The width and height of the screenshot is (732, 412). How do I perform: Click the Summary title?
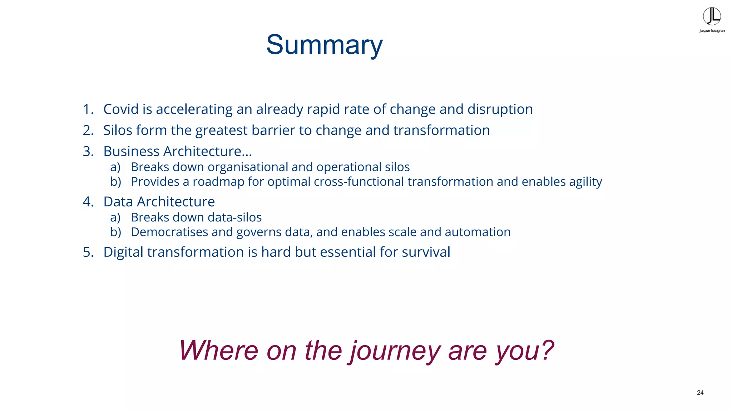point(324,45)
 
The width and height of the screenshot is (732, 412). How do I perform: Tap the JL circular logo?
point(712,16)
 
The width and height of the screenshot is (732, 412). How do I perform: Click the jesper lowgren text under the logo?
point(712,31)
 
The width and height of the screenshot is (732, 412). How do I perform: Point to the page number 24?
point(700,393)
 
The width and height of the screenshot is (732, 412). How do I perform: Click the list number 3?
point(87,151)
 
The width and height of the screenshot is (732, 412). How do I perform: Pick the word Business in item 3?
point(132,151)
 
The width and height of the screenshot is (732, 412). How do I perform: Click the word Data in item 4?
point(118,202)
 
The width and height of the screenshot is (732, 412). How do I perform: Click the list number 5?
point(87,252)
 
